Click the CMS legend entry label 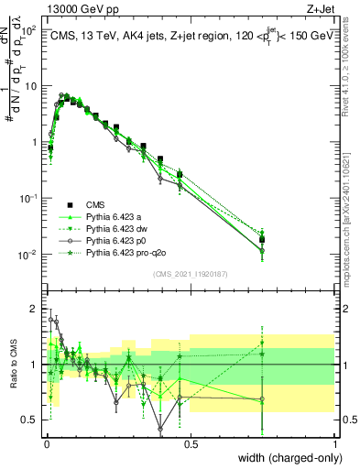click(96, 204)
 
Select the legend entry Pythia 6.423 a click(116, 216)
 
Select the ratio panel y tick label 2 click(35, 308)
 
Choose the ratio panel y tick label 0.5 click(31, 420)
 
